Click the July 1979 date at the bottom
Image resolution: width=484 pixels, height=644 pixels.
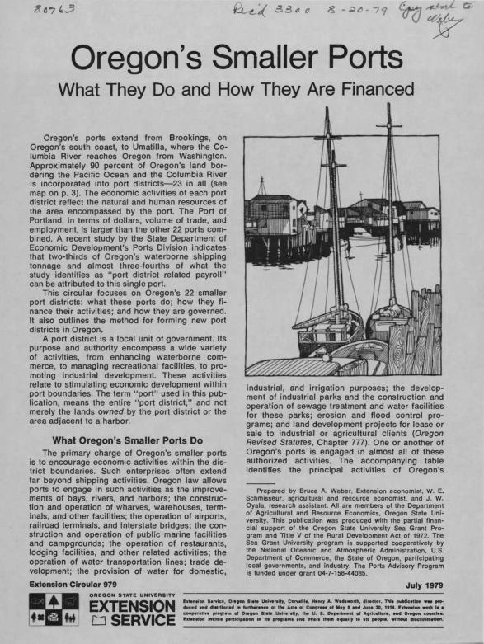point(436,587)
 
